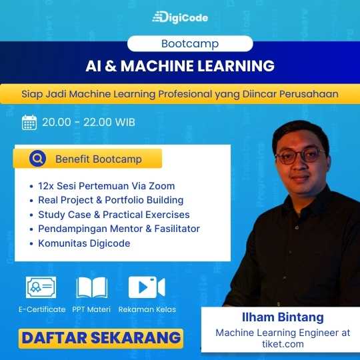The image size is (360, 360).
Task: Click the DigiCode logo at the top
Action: pos(180,17)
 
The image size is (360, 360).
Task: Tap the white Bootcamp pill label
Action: pos(190,43)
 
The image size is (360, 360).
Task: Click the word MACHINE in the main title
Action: pos(157,66)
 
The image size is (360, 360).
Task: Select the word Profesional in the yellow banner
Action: pos(185,94)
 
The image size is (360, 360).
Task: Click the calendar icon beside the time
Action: pos(29,123)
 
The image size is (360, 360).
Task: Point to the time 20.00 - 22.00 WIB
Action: pos(89,122)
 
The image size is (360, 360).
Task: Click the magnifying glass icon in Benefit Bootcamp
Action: pos(37,159)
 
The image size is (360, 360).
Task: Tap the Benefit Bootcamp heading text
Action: pos(99,159)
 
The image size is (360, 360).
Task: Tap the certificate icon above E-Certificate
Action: pos(41,287)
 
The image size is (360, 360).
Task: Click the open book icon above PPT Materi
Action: pos(92,287)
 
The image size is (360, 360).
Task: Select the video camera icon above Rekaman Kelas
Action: pos(147,287)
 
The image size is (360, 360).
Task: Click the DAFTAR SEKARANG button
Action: pos(101,339)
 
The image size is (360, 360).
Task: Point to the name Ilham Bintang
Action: pos(283,317)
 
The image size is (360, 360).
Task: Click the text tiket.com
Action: pos(283,344)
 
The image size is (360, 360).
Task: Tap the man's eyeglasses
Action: pos(301,156)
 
